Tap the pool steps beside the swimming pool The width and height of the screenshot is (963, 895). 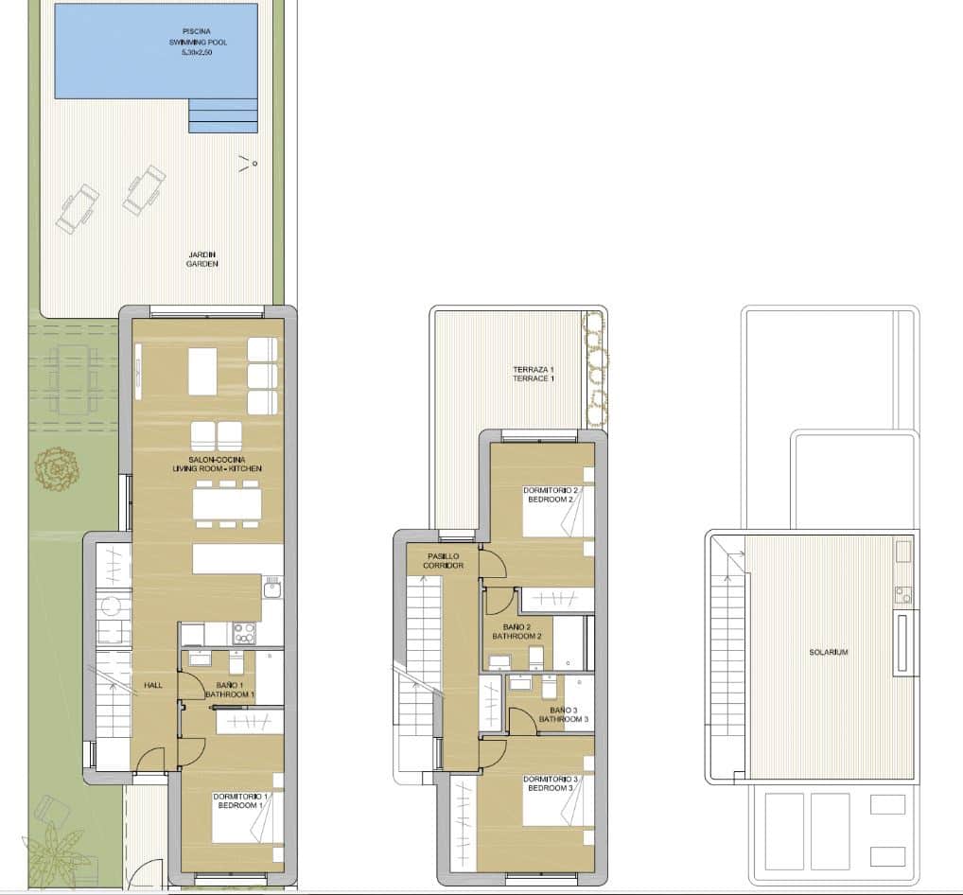(223, 116)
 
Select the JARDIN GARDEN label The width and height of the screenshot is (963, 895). (201, 258)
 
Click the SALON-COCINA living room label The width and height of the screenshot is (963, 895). (217, 464)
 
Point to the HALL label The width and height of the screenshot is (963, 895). (152, 685)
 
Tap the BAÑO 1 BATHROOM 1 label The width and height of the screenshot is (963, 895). (230, 690)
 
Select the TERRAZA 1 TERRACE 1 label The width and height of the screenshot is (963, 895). (534, 374)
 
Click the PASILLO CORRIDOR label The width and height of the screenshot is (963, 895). (443, 560)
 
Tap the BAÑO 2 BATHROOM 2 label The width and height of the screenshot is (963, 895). (517, 631)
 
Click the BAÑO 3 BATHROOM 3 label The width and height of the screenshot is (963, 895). (564, 714)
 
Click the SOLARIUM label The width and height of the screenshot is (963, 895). (828, 652)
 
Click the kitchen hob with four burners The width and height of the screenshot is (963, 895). (243, 632)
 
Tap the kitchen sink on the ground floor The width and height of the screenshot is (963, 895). (271, 588)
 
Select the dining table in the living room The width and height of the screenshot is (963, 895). (227, 503)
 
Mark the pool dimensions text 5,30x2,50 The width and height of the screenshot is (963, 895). (198, 53)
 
